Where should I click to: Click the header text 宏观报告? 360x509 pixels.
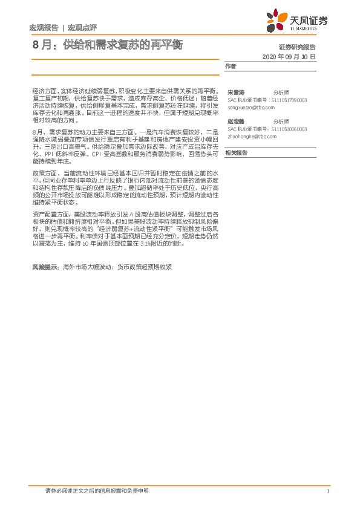click(44, 27)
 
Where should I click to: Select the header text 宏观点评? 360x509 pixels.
click(82, 27)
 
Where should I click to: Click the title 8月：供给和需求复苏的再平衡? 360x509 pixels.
click(106, 45)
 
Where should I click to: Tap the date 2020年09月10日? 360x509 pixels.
click(289, 56)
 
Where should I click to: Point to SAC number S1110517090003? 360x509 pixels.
click(289, 100)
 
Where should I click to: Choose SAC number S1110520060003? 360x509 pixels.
click(289, 129)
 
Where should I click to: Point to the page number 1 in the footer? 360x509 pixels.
click(327, 491)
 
